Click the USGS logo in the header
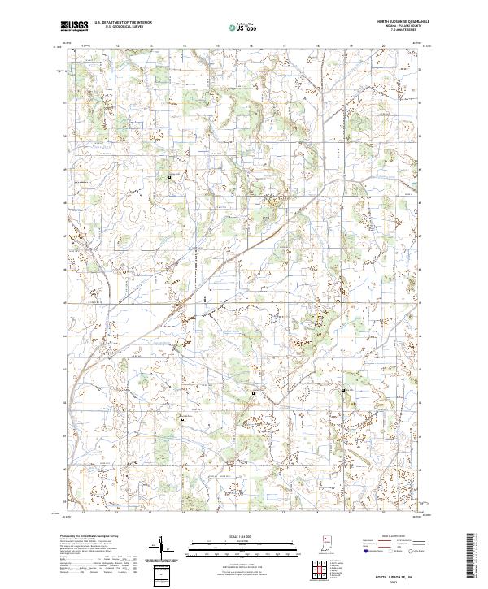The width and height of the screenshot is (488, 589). click(74, 26)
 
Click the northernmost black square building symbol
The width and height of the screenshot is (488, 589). click(170, 176)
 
